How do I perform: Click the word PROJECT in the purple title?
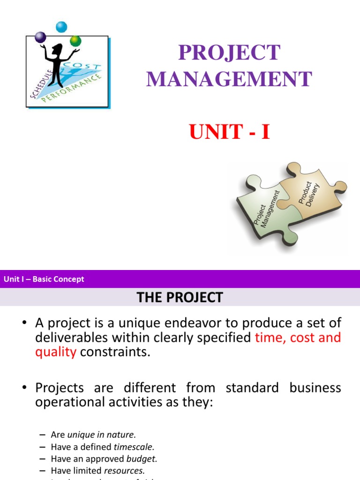(229, 53)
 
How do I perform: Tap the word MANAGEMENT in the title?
(229, 79)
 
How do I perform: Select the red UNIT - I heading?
(230, 132)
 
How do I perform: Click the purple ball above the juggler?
(41, 37)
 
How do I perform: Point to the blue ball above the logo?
(61, 27)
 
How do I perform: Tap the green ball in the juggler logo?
(75, 41)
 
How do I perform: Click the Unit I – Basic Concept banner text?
(44, 279)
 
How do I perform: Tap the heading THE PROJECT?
(180, 297)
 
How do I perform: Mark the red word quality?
(55, 352)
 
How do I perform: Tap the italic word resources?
(124, 470)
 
